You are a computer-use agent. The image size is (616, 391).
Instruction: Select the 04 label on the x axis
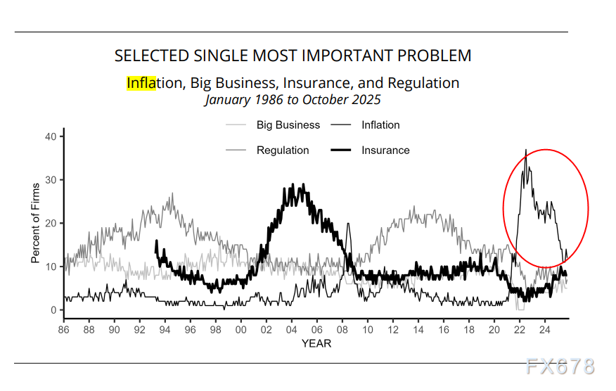coord(292,329)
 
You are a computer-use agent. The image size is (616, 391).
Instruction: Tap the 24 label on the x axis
coord(545,329)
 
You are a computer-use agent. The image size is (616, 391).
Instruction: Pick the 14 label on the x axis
coord(418,329)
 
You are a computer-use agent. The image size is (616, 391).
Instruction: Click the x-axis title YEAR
coord(316,343)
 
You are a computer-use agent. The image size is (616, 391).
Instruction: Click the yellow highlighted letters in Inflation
coord(141,83)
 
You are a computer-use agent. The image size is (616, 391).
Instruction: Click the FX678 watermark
coord(560,366)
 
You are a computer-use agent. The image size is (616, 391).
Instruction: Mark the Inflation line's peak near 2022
coord(526,150)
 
